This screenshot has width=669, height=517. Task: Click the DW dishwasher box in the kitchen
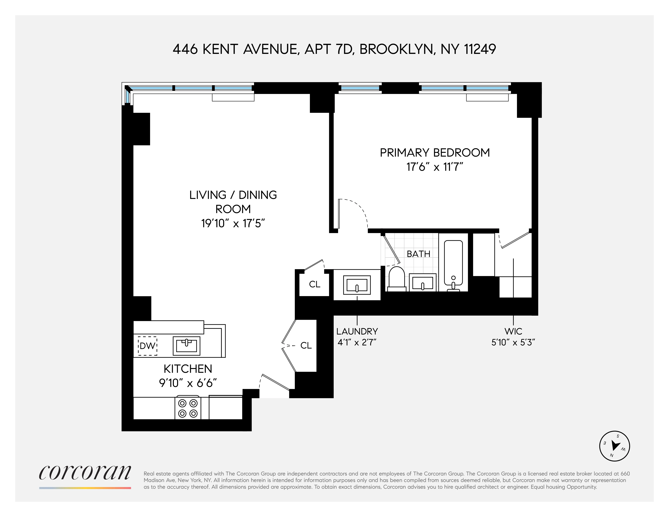[147, 346]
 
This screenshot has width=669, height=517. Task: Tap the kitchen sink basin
[186, 346]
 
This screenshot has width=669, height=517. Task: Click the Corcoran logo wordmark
[85, 473]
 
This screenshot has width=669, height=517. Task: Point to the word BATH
[418, 254]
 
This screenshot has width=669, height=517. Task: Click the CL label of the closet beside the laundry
[315, 284]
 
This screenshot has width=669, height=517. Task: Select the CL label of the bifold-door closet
[306, 345]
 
